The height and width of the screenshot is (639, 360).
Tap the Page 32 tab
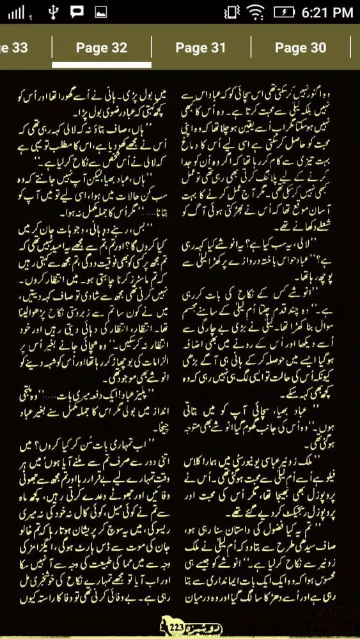[102, 48]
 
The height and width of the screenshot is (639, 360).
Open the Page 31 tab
[201, 48]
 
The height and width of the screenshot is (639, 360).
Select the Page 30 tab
[301, 48]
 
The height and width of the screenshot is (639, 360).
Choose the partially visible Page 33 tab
[14, 48]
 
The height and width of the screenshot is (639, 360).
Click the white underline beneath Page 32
[102, 65]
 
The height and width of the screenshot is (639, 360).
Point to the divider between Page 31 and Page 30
[251, 48]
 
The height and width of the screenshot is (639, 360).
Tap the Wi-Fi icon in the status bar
[256, 12]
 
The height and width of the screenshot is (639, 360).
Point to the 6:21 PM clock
[326, 12]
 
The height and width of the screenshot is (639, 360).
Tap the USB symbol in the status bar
[54, 12]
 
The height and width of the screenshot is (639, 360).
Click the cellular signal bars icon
[14, 12]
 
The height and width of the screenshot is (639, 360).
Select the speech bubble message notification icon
[77, 12]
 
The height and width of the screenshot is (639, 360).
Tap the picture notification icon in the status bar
[100, 12]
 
